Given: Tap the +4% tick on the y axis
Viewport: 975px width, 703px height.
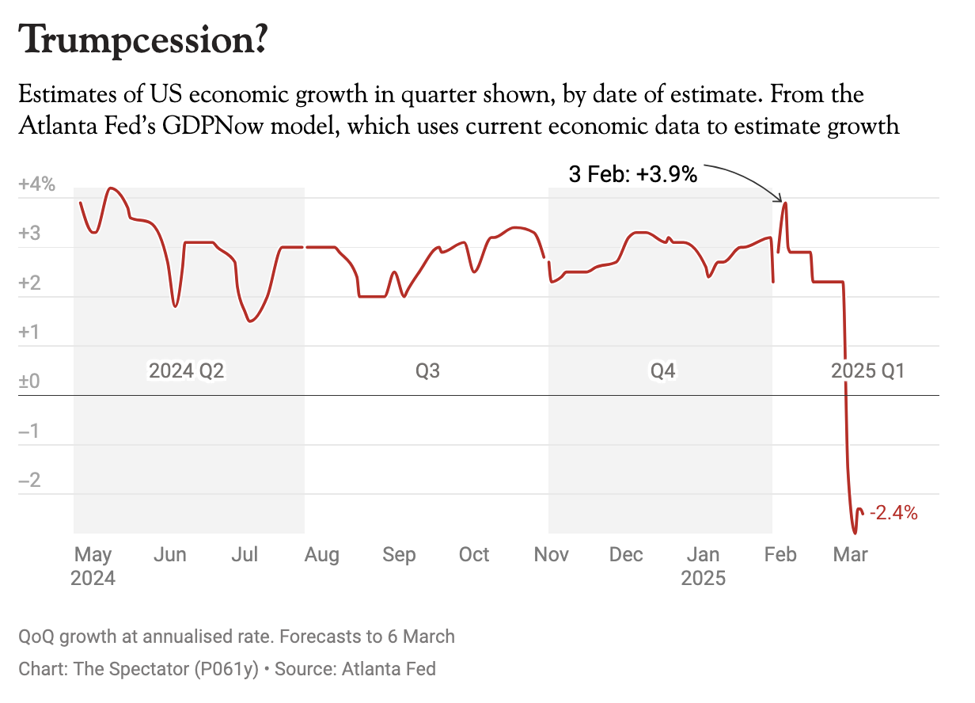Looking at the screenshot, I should (x=37, y=185).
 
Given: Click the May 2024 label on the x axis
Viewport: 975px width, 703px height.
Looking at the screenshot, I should (x=93, y=566).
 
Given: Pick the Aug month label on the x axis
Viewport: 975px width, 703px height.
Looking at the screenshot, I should (x=322, y=555).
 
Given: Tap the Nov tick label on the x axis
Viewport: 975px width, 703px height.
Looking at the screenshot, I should (x=551, y=555).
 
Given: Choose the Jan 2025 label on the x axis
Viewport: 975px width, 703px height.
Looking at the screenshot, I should (x=703, y=566).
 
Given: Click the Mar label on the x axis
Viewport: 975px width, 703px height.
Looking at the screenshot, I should (x=851, y=555).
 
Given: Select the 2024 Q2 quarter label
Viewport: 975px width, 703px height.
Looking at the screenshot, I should (x=187, y=370).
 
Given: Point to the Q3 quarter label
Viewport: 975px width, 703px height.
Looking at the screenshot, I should (x=427, y=370).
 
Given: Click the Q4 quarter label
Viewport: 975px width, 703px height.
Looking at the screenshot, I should (x=662, y=370).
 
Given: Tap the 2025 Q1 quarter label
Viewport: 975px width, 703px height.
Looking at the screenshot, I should (x=867, y=370).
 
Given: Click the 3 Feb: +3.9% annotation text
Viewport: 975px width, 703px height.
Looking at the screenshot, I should (x=633, y=175).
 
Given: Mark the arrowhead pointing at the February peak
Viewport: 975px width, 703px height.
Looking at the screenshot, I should (x=780, y=199).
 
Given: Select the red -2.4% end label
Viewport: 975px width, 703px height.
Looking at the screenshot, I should (x=893, y=513).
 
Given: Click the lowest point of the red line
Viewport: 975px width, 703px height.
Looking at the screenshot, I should (x=855, y=533).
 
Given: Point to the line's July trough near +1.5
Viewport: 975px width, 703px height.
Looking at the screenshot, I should (x=250, y=321).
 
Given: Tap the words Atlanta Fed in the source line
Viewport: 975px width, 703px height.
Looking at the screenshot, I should (x=389, y=668).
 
